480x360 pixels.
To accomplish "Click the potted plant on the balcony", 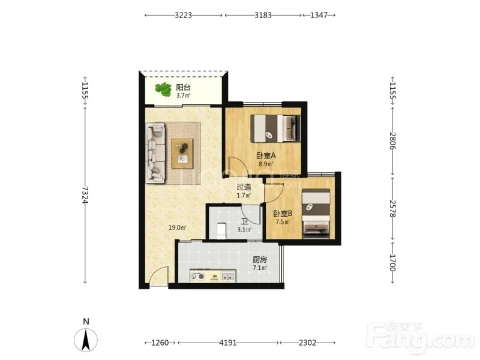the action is pos(163,89).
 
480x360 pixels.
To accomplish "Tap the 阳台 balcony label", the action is pos(183,87).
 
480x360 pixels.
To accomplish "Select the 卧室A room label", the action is pos(266,155).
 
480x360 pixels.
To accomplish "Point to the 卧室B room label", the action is pos(283,214).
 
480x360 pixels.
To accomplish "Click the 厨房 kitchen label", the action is pos(260,260).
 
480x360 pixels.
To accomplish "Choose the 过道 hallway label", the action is pos(244,187).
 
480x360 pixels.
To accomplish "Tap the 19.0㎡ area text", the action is pos(177,227).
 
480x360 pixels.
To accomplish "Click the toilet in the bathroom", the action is pos(221,231).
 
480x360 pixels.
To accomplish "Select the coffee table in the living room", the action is pos(182,154).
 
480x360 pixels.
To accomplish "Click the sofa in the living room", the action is pos(156,153).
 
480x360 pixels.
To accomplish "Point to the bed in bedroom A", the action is pos(275,128).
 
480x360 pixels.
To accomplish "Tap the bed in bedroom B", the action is pos(316,214).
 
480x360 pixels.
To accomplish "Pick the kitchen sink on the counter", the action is pos(228,277).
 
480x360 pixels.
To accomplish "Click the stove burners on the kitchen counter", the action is pos(197,277).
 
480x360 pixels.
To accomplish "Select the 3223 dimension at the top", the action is pos(184,15).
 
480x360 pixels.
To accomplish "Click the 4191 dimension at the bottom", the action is pos(228,343).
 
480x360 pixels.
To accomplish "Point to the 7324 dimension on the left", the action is pos(85,195).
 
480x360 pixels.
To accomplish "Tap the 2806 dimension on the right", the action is pos(393,141).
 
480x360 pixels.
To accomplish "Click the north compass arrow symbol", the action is pos(86,340).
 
